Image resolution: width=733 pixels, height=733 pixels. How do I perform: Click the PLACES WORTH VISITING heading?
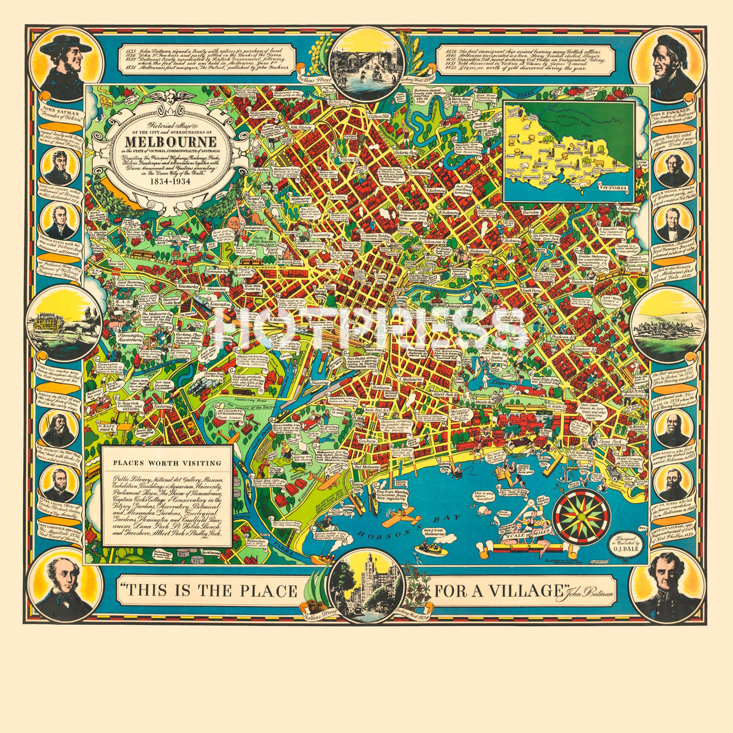click(x=167, y=462)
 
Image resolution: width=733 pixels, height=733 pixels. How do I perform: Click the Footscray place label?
click(x=163, y=406)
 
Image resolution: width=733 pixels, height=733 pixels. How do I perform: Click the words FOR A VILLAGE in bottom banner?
click(x=496, y=591)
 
